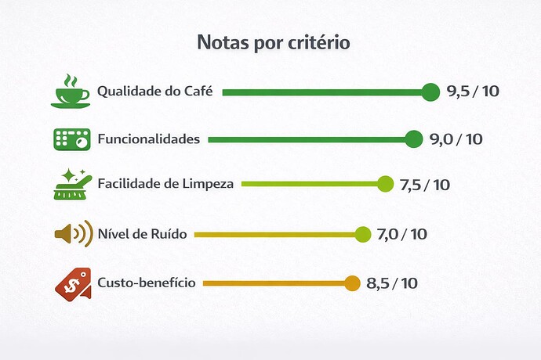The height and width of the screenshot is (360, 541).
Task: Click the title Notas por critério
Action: coord(273,42)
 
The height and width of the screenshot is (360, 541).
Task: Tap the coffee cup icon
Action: coord(71,91)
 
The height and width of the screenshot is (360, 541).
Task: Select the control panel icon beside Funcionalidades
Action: coord(71,139)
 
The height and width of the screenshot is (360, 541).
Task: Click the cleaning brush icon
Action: coord(71,184)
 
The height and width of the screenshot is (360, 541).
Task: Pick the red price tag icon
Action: coord(71,282)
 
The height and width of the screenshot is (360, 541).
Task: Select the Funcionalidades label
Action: coord(149,140)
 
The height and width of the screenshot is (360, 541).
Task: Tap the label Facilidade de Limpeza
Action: coord(165,185)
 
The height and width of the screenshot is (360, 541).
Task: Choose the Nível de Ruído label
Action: coord(142,234)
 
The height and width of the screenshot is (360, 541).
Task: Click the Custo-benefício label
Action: coord(147,283)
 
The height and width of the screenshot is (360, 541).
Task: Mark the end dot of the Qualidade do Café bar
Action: coord(430,92)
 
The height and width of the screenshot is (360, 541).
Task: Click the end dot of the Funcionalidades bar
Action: coord(414,140)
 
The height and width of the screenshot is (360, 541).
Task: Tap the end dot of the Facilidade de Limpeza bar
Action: coord(385,184)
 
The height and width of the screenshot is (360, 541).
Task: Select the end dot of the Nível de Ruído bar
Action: coord(362,234)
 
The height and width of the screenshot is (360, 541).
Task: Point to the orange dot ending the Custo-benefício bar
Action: coord(352,283)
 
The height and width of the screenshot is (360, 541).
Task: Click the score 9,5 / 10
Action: coord(473,92)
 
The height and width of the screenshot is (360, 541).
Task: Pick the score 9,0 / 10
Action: coord(456,140)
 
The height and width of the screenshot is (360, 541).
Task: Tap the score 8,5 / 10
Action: coord(392,283)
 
